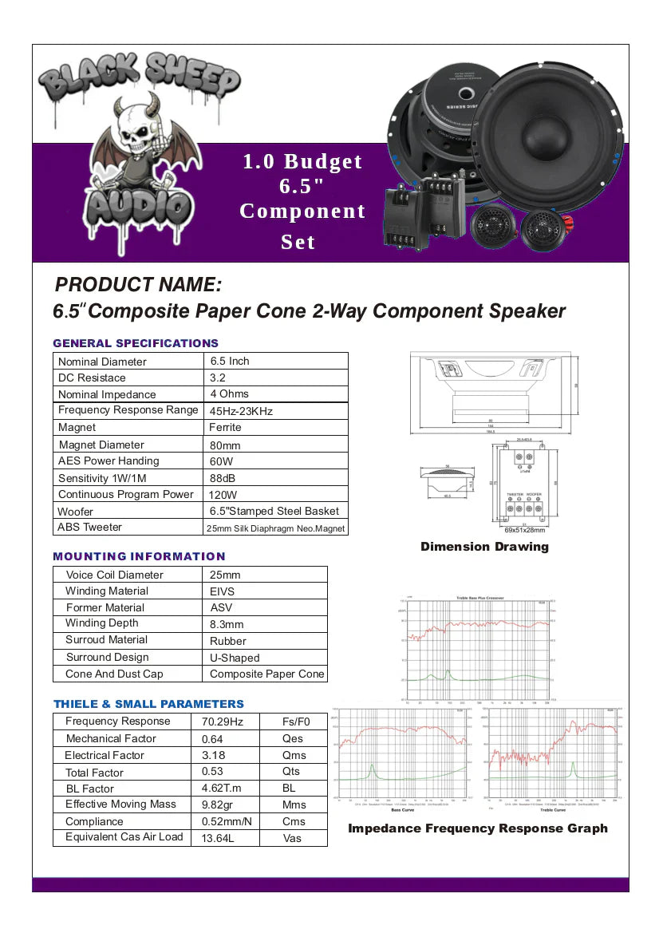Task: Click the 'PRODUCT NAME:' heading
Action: point(137,285)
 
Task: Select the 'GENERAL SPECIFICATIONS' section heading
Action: point(136,343)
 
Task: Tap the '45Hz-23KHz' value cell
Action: point(241,411)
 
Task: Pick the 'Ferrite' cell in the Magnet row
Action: point(226,428)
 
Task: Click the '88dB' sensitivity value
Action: point(223,478)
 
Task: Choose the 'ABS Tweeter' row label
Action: point(90,528)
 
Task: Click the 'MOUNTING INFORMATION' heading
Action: point(139,556)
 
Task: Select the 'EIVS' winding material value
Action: point(223,591)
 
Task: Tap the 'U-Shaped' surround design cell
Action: point(235,658)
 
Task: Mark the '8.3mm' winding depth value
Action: point(227,625)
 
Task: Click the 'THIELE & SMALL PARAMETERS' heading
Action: point(148,704)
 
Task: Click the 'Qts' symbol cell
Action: point(291,772)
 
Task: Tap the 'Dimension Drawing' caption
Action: point(484,547)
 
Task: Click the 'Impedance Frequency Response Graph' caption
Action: point(477,828)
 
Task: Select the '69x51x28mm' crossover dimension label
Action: point(525,529)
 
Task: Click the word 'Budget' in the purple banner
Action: point(323,161)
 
